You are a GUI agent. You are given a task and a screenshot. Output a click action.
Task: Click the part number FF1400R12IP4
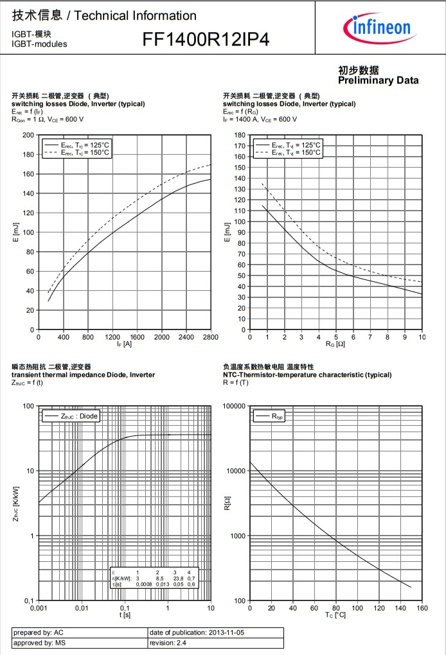206,40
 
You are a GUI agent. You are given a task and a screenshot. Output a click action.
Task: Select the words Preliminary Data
378,80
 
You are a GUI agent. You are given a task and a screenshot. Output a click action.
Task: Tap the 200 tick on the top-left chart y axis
28,135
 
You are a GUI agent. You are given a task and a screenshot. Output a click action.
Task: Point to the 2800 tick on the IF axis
210,337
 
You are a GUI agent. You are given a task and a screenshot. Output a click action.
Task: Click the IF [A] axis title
125,345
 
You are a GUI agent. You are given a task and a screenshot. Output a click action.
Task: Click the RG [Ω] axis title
336,345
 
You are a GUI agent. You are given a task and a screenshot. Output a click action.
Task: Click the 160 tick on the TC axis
422,608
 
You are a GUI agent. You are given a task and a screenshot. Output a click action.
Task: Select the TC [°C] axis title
336,615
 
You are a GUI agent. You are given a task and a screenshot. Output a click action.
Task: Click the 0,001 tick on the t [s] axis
39,608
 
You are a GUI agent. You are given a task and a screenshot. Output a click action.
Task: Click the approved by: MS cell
39,642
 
